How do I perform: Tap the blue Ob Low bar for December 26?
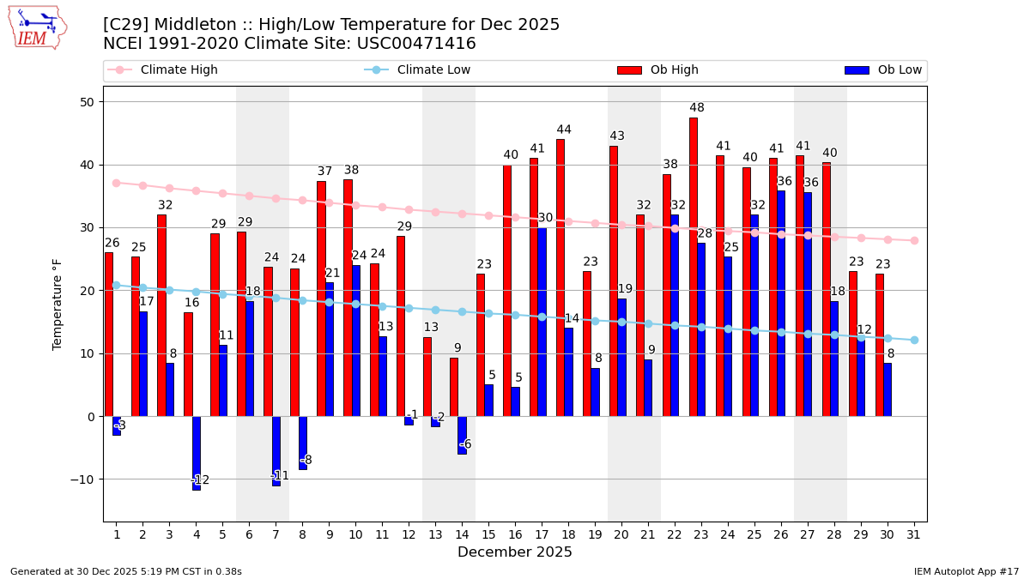click(781, 304)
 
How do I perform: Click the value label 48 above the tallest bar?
click(697, 108)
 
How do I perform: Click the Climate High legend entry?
click(163, 70)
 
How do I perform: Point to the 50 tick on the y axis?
click(86, 102)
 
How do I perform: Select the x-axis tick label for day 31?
click(913, 534)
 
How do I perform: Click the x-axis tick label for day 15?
click(488, 534)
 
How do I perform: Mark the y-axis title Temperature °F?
click(58, 305)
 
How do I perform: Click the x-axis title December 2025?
click(514, 552)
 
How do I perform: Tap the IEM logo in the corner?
click(37, 27)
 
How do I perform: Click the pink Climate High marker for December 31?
click(914, 240)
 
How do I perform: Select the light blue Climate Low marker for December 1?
click(117, 285)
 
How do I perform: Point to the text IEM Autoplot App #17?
click(966, 571)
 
